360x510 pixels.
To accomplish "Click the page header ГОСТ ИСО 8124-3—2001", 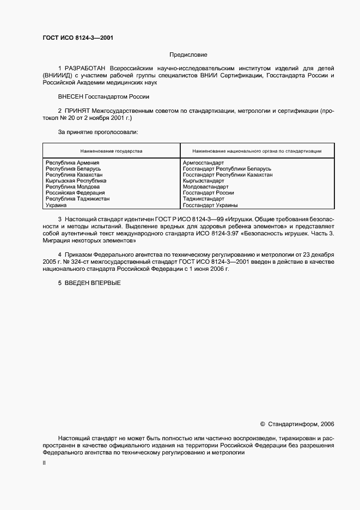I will (x=77, y=38).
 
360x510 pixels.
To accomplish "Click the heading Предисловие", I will (x=188, y=54).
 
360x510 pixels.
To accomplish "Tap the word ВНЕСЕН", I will (x=70, y=96).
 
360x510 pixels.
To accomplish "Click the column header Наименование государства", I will (x=111, y=150).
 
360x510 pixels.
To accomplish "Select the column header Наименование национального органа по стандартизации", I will (x=257, y=150).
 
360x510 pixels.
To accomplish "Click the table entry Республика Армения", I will (x=72, y=162).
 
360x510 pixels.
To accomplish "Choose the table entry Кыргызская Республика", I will (x=76, y=180).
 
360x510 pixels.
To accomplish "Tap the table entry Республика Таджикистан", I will (x=77, y=199).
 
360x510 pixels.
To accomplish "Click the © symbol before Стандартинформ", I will (x=263, y=423).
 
